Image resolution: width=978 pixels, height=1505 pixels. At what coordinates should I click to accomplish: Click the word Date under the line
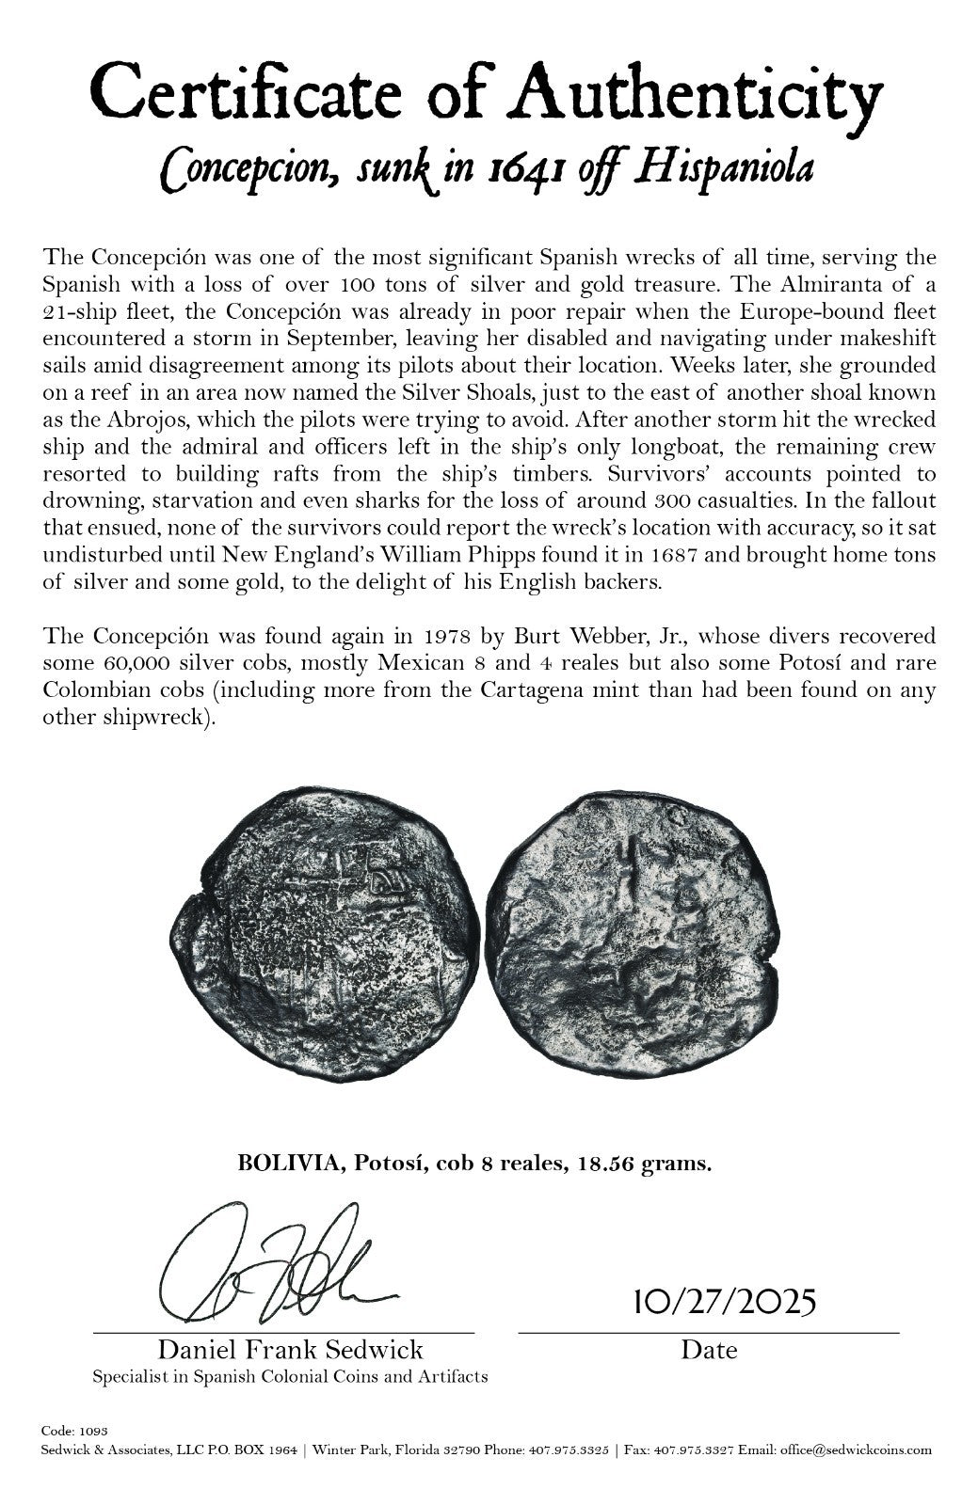pos(709,1351)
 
